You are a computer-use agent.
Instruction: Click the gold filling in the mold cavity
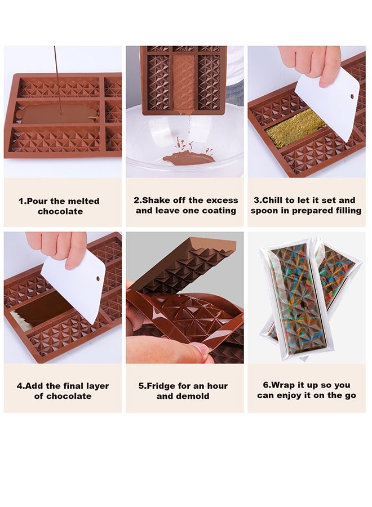[295, 128]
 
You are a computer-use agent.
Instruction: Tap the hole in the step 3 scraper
[352, 96]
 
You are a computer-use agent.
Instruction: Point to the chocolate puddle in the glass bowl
[188, 157]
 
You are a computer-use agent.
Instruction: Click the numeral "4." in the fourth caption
[20, 386]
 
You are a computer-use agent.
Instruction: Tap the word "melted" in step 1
[83, 201]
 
